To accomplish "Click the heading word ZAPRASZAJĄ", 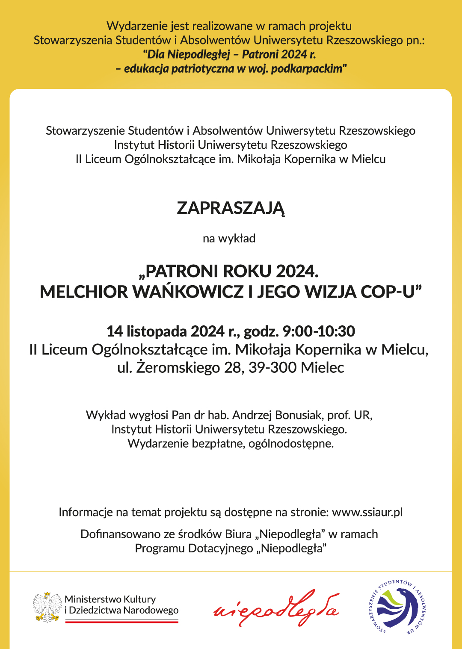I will coord(231,208).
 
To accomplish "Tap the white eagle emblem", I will coord(47,607).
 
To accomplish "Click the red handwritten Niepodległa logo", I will coord(276,608).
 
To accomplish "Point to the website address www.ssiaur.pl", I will coord(367,512).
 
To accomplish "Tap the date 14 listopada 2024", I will coord(165,331).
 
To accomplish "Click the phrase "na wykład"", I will coord(229,239).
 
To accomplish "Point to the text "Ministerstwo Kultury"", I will coord(110,599).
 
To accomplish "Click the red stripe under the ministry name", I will coord(121,622).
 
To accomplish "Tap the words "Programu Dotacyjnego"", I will coord(194,548).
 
